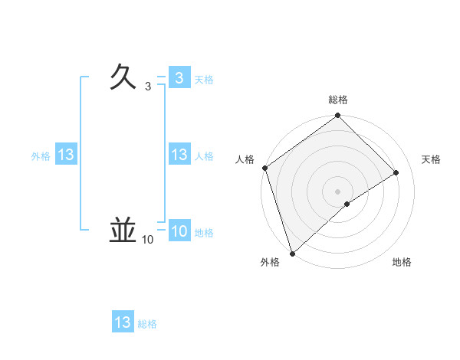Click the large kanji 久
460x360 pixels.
coord(124,77)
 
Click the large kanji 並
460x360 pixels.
coord(123,230)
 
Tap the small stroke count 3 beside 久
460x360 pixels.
coord(148,87)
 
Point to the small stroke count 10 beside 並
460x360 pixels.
coord(147,241)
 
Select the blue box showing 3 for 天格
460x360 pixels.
coord(179,78)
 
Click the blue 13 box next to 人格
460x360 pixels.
coord(179,155)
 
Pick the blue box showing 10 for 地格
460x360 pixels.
coord(179,231)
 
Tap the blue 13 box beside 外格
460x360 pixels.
coord(66,155)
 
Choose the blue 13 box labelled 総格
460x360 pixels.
coord(123,322)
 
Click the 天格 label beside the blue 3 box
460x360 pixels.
coord(204,79)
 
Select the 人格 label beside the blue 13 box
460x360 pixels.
coord(204,155)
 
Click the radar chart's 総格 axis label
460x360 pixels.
coord(338,100)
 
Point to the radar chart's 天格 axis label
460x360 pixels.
coord(432,159)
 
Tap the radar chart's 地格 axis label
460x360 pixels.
coord(402,262)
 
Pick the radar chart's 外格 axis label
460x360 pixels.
coord(270,262)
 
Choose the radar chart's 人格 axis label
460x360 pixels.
coord(245,159)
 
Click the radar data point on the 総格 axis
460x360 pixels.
coord(338,116)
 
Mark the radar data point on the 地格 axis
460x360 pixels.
coord(347,204)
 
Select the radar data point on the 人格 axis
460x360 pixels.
coord(264,168)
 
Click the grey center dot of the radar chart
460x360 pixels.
coord(337,191)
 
